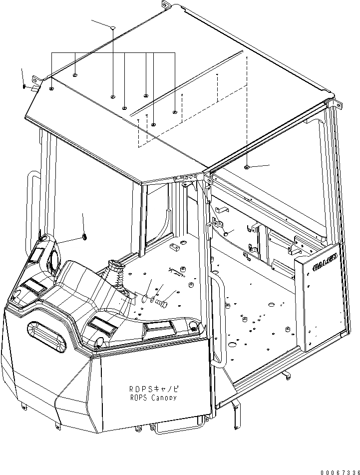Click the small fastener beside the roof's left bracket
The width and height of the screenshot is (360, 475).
pyautogui.click(x=24, y=87)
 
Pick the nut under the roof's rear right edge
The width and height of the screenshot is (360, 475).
pyautogui.click(x=248, y=167)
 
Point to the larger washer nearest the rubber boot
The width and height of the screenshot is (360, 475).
pyautogui.click(x=145, y=299)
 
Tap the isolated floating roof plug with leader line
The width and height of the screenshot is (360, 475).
pyautogui.click(x=113, y=28)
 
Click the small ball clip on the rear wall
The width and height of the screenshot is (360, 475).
pyautogui.click(x=226, y=233)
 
